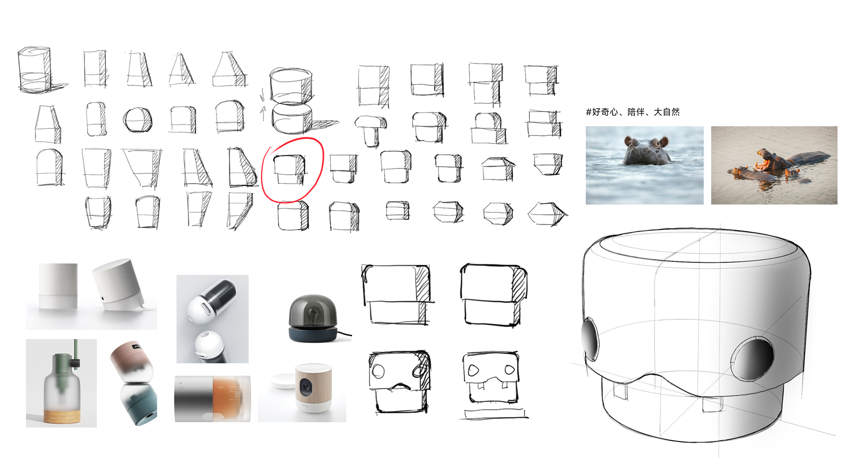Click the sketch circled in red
click(x=290, y=170)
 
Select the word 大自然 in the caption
click(x=666, y=112)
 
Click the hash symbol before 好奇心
click(x=588, y=112)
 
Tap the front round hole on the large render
click(x=753, y=358)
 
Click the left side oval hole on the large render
click(x=590, y=339)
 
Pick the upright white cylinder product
click(x=58, y=286)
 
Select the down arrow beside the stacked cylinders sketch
click(x=262, y=94)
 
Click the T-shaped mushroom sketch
click(x=371, y=130)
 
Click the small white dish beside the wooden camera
click(x=282, y=380)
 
